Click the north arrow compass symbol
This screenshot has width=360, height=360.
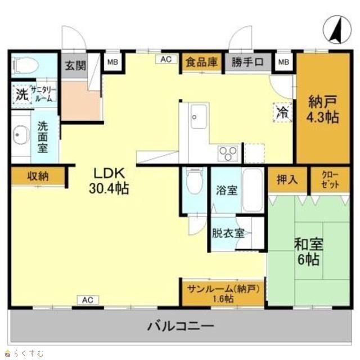point(337,30)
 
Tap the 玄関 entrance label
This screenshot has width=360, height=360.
point(75,66)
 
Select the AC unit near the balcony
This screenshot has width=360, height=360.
point(88,300)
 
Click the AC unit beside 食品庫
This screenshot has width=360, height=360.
point(166,59)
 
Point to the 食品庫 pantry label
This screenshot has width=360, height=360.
point(201,62)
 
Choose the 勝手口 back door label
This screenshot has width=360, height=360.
point(247,62)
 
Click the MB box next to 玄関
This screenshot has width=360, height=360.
point(112,62)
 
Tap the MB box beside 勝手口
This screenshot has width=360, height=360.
point(283,61)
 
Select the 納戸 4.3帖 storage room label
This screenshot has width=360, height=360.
point(323,110)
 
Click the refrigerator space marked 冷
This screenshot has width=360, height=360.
point(282,112)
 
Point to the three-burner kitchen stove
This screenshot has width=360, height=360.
point(228,153)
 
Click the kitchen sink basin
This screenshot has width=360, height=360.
point(199,117)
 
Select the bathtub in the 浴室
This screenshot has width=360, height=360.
point(253,190)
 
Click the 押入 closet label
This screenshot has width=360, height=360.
point(287,179)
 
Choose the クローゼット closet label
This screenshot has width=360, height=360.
point(330,180)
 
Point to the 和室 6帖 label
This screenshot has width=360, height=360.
point(309,252)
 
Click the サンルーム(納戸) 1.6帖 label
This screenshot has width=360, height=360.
point(223,294)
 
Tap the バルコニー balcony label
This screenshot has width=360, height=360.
point(181,326)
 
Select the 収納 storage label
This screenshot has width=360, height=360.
point(38,177)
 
